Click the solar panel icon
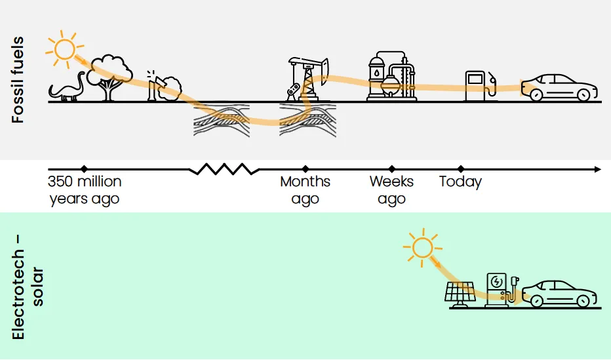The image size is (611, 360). tap(460, 294)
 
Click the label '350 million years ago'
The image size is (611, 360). tap(85, 190)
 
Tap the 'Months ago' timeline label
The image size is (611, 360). tap(305, 190)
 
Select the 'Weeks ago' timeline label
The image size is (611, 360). tap(391, 190)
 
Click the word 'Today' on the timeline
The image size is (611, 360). tap(460, 182)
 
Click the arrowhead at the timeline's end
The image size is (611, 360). tap(597, 169)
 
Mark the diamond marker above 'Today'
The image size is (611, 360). tap(460, 169)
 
